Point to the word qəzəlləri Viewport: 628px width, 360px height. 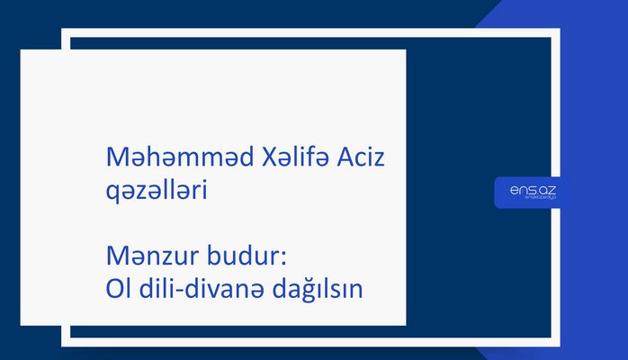pos(157,190)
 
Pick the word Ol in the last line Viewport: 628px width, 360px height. pos(118,289)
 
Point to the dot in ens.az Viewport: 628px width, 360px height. pos(535,193)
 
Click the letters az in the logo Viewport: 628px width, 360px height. pos(547,189)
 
